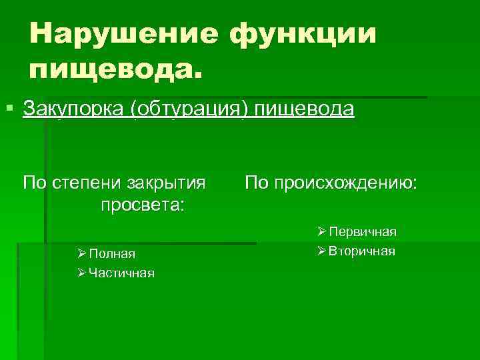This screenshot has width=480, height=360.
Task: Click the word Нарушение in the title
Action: (x=124, y=33)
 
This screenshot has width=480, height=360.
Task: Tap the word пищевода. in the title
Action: (x=114, y=69)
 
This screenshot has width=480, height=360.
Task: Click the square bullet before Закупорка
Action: (x=9, y=107)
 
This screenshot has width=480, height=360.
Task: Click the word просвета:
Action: (x=142, y=204)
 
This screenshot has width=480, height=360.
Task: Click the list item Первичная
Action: (x=363, y=232)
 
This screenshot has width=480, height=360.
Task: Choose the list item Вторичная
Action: (x=362, y=251)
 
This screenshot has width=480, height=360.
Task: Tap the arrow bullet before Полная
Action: (x=81, y=253)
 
